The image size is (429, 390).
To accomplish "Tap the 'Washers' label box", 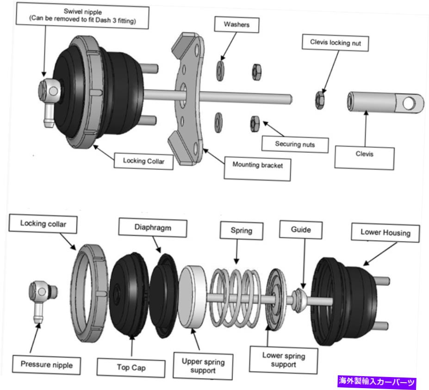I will point(236,25).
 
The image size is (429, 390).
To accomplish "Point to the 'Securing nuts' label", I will point(294,144).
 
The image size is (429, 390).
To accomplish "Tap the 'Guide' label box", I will point(301,229).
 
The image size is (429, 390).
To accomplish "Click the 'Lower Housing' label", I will point(385,233).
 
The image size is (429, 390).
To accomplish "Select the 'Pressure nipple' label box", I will point(46,365).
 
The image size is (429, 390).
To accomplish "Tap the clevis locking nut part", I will point(319,99).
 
